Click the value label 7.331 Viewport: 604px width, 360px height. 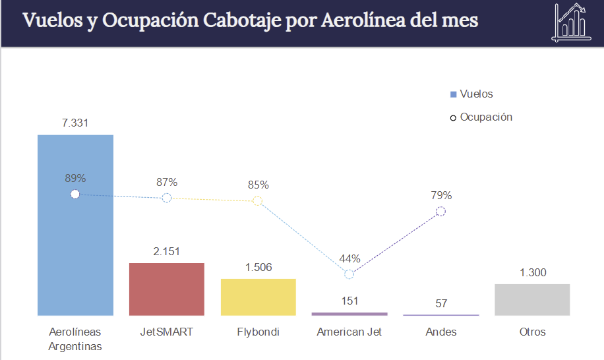[75, 123]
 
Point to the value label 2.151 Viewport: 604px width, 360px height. [166, 251]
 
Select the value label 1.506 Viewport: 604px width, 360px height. [258, 267]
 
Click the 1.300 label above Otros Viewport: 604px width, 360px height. [532, 273]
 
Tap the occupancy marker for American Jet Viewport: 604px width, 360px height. [349, 274]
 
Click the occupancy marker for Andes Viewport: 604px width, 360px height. [441, 211]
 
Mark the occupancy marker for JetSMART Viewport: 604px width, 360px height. [167, 198]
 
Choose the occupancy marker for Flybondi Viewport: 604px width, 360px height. [258, 200]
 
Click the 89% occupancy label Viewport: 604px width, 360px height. [75, 178]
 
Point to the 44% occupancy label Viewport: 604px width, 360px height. [349, 258]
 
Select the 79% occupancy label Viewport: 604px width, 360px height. [441, 195]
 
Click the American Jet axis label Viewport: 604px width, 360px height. [349, 332]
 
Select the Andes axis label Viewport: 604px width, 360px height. [441, 332]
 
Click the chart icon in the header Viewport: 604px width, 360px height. [570, 22]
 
